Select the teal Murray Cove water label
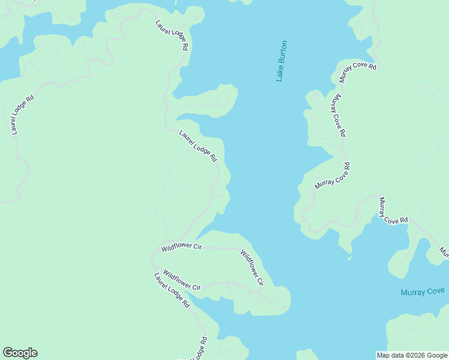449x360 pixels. click(423, 292)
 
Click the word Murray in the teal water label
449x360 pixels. click(412, 292)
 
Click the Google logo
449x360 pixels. click(20, 353)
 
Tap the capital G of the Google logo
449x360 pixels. click(7, 353)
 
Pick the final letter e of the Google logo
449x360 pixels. click(34, 353)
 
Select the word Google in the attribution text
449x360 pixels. click(436, 355)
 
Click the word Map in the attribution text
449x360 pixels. click(383, 355)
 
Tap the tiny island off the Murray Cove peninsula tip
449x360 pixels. click(349, 259)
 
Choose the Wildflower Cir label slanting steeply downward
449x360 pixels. click(252, 268)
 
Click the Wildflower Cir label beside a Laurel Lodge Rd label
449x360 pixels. click(182, 280)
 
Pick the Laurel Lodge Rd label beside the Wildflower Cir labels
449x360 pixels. click(172, 290)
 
